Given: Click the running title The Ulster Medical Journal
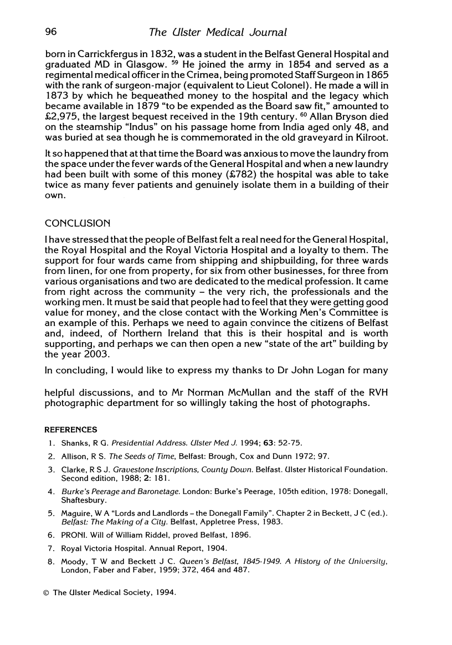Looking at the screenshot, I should pyautogui.click(x=218, y=32).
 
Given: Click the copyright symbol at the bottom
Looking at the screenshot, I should pyautogui.click(x=47, y=593).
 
